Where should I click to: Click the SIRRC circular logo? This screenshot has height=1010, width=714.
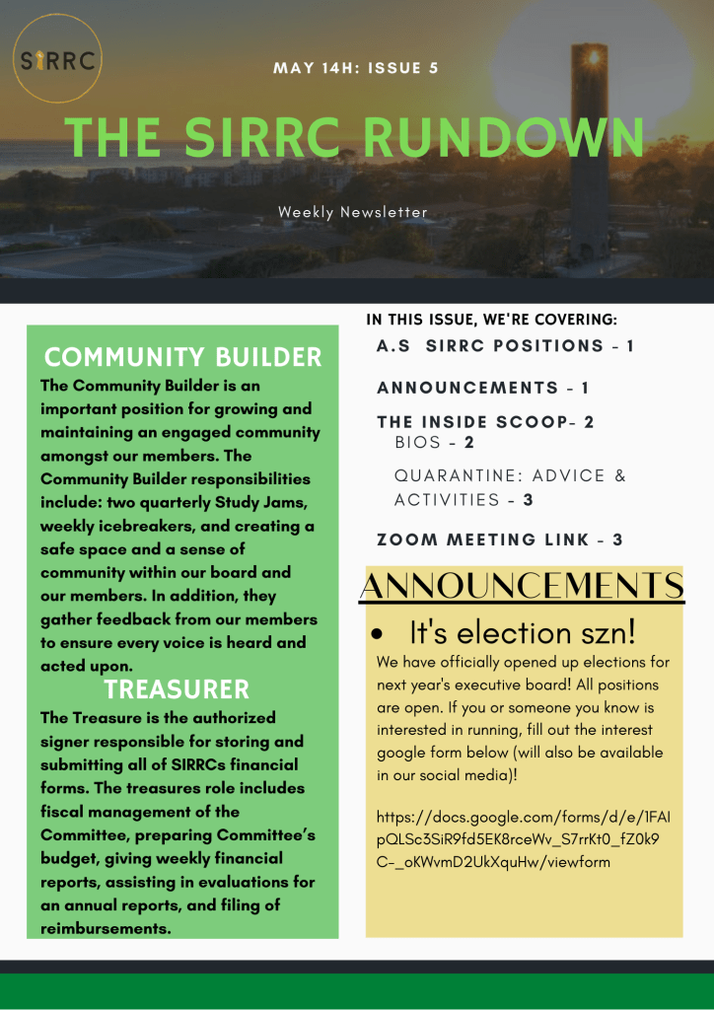(58, 61)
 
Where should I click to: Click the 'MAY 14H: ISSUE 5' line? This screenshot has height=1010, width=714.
(356, 68)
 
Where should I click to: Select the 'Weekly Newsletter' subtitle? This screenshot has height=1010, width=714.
(353, 212)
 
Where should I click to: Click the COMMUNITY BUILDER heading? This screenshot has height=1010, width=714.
(183, 357)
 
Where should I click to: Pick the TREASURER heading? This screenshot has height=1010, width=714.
(178, 688)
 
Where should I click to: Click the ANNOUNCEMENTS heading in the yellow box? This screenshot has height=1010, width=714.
(523, 585)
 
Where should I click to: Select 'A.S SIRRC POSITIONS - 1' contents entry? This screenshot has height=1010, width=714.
(505, 346)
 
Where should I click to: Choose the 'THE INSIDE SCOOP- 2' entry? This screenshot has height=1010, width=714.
(485, 422)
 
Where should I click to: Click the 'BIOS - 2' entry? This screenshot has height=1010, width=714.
(434, 444)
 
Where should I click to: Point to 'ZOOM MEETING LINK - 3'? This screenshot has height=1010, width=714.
(499, 540)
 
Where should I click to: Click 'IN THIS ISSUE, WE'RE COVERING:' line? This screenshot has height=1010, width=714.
(491, 320)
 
